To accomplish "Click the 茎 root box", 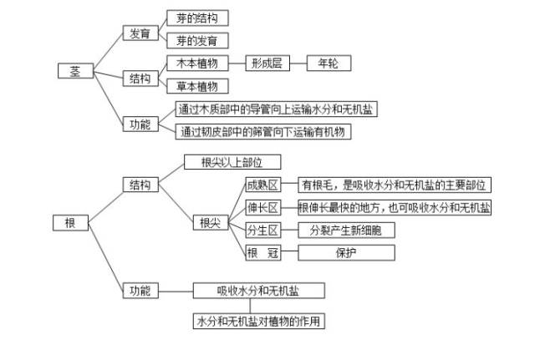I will point(74,71).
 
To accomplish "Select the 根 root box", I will point(69,222).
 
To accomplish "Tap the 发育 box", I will point(139,33).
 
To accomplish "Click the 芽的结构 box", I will point(196,18).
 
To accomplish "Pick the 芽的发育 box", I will point(196,40).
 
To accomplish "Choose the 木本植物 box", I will point(196,63).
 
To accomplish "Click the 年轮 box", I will point(328,63).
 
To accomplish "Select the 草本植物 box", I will point(196,86).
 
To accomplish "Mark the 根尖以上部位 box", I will point(230,162).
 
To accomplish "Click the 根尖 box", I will point(208,222).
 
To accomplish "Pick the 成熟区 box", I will point(262,185).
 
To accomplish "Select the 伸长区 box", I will point(262,208).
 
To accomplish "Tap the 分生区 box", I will point(262,230).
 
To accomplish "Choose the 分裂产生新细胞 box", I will point(346,230).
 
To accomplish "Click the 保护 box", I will point(346,252).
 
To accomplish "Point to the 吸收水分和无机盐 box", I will point(258,291).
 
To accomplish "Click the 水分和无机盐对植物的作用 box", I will point(258,322).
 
